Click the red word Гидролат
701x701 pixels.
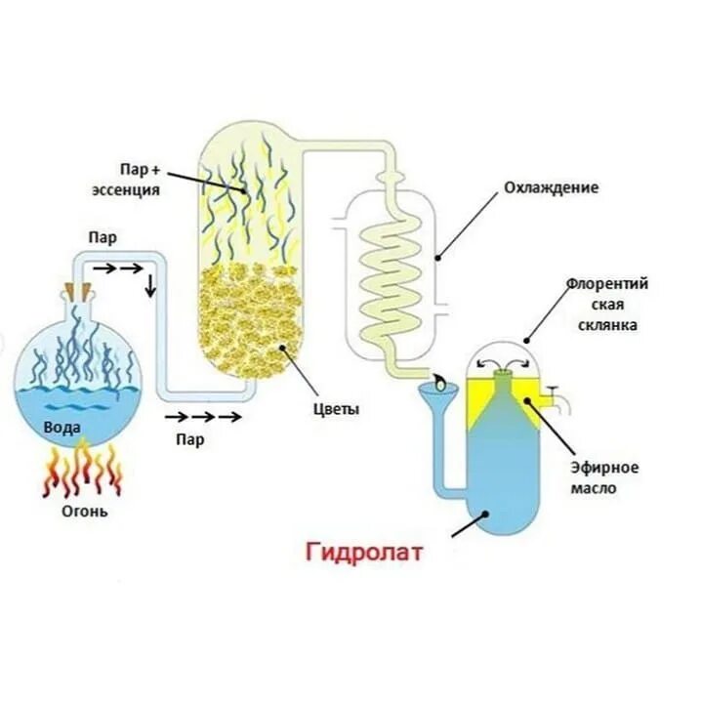pyautogui.click(x=366, y=553)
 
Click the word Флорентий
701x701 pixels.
pyautogui.click(x=606, y=284)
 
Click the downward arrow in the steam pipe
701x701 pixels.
pyautogui.click(x=150, y=286)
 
